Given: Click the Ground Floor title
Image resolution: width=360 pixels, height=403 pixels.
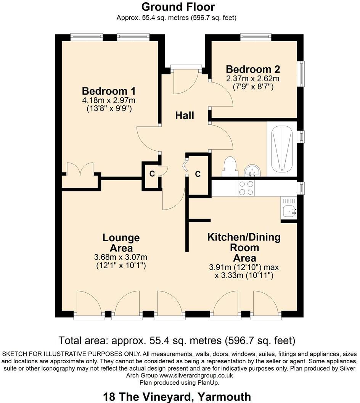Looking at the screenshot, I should (x=178, y=7).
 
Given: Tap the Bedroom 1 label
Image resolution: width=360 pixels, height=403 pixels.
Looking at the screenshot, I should (x=109, y=91).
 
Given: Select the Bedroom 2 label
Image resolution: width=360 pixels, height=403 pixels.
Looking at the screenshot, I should (x=253, y=69).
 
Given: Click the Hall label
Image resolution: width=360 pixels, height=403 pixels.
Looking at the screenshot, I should (x=185, y=115).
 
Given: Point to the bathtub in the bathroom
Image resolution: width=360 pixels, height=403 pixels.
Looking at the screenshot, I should (x=282, y=149).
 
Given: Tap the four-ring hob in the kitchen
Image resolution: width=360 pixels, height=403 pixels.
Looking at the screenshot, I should (x=246, y=188).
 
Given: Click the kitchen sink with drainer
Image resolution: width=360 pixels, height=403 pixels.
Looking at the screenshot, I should (x=289, y=208).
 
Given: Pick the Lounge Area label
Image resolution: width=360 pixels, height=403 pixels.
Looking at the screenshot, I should (x=121, y=243).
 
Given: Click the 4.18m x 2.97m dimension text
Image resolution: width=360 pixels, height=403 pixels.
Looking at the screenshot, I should (x=109, y=101).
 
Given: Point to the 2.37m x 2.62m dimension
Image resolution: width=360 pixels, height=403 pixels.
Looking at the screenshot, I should (x=253, y=79).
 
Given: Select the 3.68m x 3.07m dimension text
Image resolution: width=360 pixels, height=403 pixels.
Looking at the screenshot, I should (x=121, y=257).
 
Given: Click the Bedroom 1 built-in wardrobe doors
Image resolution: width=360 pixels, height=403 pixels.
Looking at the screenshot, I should (x=80, y=169).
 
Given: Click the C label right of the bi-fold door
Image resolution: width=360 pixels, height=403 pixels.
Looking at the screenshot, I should (x=198, y=174).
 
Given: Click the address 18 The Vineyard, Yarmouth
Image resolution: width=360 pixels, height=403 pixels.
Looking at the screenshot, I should (x=177, y=396).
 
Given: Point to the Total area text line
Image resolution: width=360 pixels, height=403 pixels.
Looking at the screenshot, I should (x=177, y=340).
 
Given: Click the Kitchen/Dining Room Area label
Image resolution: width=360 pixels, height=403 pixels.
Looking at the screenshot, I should (x=244, y=247).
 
